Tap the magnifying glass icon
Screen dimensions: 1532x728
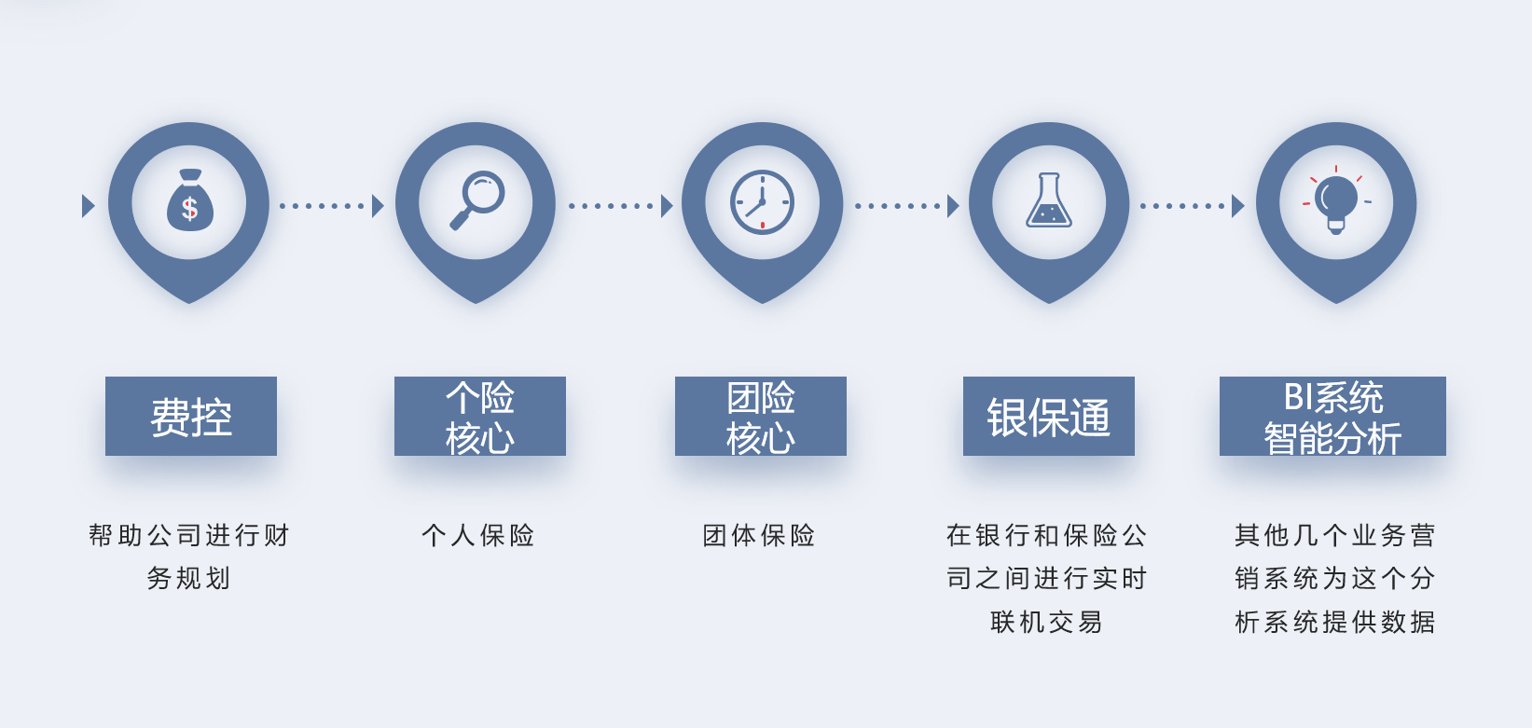tap(476, 199)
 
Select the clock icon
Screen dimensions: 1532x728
tap(762, 202)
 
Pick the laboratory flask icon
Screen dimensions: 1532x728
tap(1048, 199)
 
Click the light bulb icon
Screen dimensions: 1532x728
tap(1335, 200)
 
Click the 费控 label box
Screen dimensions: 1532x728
tap(191, 416)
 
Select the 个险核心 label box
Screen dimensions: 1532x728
tap(479, 416)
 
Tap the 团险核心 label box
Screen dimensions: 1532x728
tap(761, 416)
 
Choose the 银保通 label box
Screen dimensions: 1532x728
tap(1048, 416)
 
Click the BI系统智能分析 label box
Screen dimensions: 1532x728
tap(1332, 416)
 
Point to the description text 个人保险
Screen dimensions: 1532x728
tap(478, 535)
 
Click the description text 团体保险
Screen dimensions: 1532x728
tap(758, 535)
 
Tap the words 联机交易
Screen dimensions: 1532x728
tap(1046, 622)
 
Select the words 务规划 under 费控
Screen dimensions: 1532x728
tap(188, 578)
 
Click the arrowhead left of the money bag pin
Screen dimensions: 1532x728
tap(89, 206)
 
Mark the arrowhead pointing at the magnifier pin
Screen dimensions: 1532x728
tap(379, 206)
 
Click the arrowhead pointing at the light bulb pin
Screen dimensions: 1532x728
tap(1238, 206)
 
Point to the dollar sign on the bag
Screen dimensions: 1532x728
tap(189, 208)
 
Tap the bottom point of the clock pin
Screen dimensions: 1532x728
tap(763, 303)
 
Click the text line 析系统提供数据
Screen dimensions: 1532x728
tap(1334, 622)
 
